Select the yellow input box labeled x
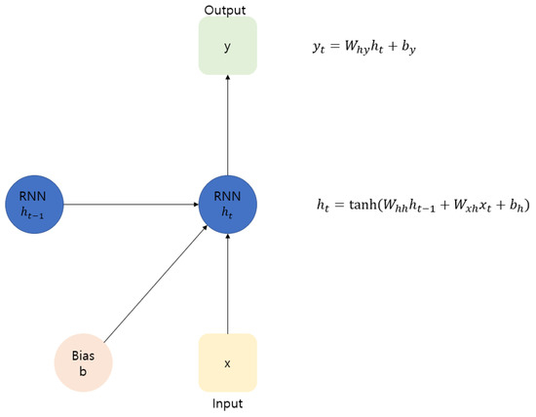pos(227,362)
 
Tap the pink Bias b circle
pos(85,358)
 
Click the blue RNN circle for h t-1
pos(34,205)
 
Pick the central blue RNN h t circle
pos(227,205)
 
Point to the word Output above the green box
pos(226,10)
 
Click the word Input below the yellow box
pos(227,402)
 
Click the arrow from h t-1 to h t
pos(132,205)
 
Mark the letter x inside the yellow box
pos(227,363)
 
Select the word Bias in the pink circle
pos(85,348)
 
